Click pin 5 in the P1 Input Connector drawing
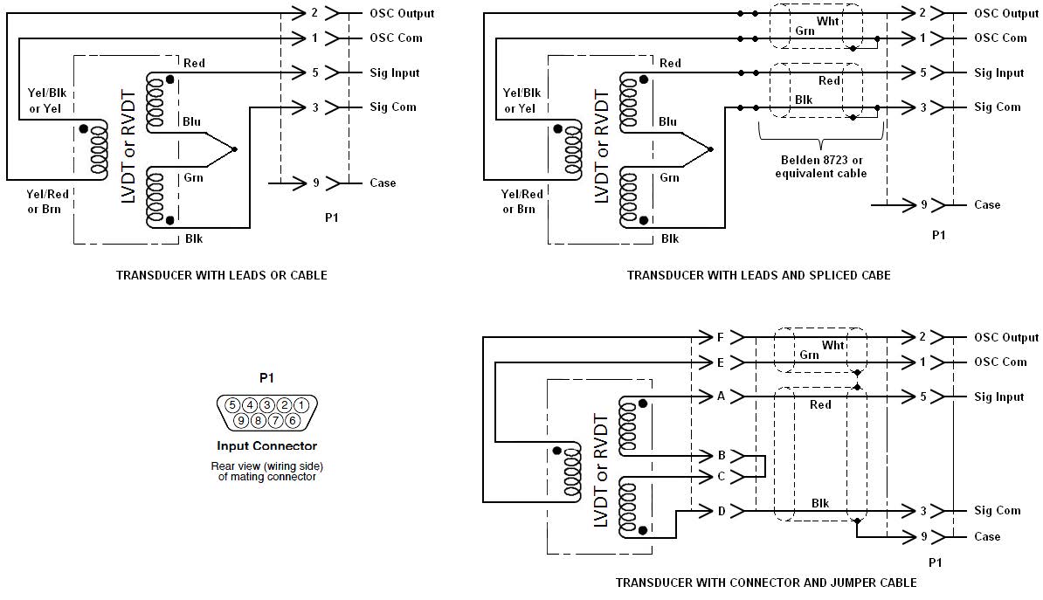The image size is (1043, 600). point(232,405)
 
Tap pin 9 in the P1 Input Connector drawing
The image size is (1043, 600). point(241,420)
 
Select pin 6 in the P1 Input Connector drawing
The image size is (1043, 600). point(292,420)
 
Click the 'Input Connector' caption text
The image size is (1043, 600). point(266,445)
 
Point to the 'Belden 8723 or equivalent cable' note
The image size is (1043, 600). point(821,167)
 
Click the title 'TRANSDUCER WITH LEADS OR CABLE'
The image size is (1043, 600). point(222,275)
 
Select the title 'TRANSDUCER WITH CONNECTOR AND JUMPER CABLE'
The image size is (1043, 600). point(766,583)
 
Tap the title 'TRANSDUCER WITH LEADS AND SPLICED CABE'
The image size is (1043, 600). point(759,275)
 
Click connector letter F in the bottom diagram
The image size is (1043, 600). point(720,337)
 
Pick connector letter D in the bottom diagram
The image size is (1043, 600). point(722,511)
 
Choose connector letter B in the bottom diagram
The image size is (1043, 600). point(722,456)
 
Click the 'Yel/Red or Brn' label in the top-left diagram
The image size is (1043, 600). point(47,202)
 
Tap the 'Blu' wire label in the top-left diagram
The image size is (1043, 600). point(192,121)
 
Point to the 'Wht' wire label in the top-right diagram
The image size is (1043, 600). point(827,21)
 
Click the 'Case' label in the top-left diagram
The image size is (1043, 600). point(383,183)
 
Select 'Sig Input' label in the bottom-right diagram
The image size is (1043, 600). point(999,397)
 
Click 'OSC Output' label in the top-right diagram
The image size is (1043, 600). point(1005,13)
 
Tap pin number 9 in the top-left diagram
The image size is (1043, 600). point(316,183)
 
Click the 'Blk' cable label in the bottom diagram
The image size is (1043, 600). point(820,504)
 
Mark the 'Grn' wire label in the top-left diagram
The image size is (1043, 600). point(194,177)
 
